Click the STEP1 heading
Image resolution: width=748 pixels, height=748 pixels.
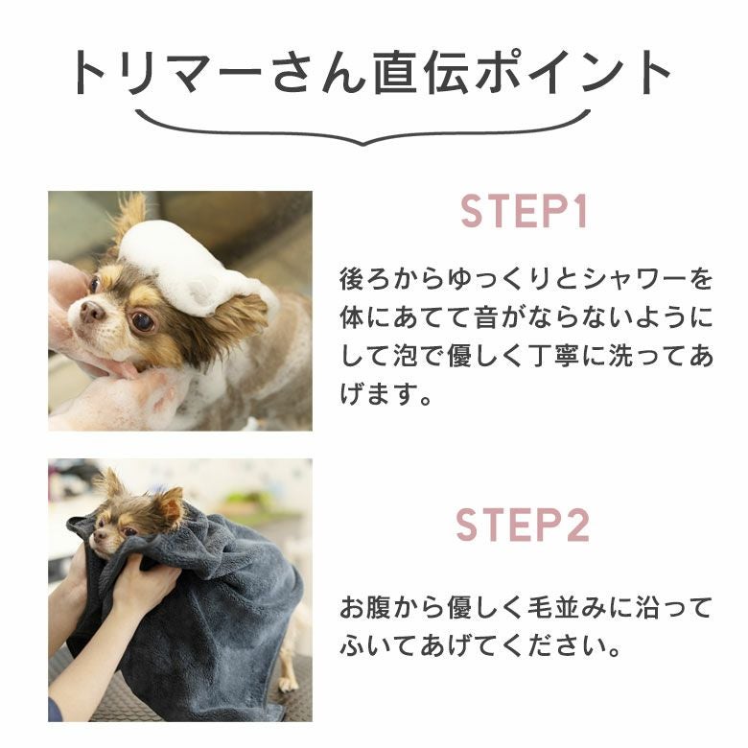click(524, 212)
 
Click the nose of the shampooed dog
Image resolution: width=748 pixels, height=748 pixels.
click(92, 312)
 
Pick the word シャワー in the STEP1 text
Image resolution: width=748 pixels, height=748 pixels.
click(635, 280)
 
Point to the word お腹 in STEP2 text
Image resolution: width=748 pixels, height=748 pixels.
click(365, 609)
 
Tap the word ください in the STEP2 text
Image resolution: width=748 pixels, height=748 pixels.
click(551, 647)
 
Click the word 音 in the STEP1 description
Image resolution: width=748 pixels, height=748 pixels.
click(485, 318)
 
